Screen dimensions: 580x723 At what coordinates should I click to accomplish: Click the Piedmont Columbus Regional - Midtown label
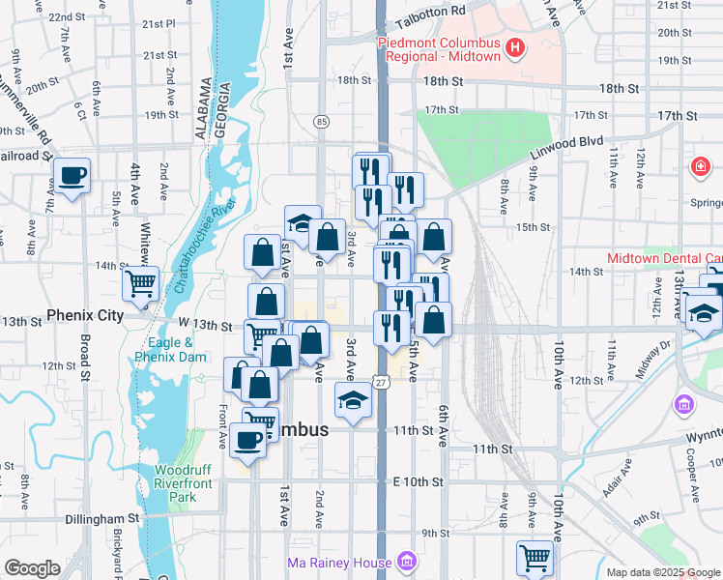[439, 49]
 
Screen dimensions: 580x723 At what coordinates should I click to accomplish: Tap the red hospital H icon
[515, 46]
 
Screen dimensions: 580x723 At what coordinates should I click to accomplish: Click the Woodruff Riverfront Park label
[176, 482]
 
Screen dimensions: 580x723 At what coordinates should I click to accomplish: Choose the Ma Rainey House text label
[339, 563]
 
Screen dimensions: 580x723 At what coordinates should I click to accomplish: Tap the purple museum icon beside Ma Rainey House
[407, 562]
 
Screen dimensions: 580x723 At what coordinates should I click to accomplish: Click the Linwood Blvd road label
[564, 142]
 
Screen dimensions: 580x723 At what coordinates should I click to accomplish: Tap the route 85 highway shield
[321, 121]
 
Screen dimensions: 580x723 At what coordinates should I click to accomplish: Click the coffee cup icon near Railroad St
[72, 176]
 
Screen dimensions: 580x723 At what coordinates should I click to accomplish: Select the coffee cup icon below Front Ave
[247, 441]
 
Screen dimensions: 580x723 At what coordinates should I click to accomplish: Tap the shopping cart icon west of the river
[140, 284]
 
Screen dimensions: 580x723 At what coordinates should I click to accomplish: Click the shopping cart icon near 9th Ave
[535, 557]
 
